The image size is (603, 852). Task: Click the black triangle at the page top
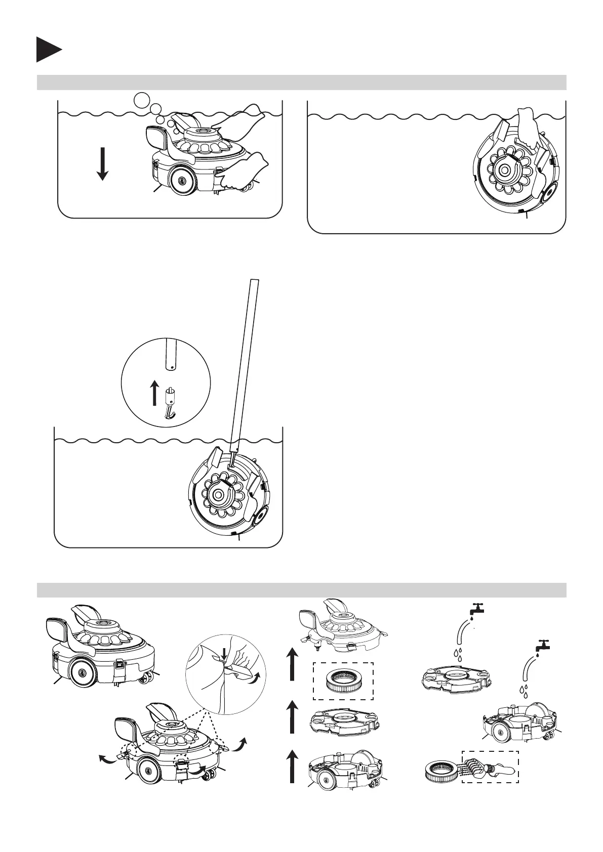click(x=48, y=50)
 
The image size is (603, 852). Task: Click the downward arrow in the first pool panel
click(x=102, y=163)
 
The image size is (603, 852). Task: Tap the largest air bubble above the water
click(x=142, y=100)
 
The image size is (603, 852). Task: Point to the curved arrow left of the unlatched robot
click(x=105, y=759)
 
